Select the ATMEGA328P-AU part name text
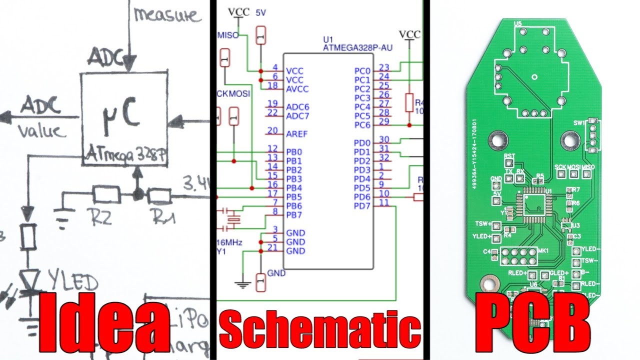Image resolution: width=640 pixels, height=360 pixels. pos(357,48)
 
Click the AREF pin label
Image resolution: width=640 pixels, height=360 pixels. pos(296,134)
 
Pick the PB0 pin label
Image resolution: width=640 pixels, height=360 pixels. pos(293,152)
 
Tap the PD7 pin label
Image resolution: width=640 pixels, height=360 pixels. pos(362,206)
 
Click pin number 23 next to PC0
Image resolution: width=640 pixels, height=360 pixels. pos(384,67)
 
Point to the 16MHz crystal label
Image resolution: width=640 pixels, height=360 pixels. pos(229,242)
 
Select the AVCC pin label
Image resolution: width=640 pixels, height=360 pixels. pos(297,89)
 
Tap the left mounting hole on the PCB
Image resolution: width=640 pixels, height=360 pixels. pos(498,140)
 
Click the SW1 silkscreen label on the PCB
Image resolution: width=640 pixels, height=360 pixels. pos(580,123)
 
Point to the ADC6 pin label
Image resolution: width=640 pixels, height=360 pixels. pos(297,107)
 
